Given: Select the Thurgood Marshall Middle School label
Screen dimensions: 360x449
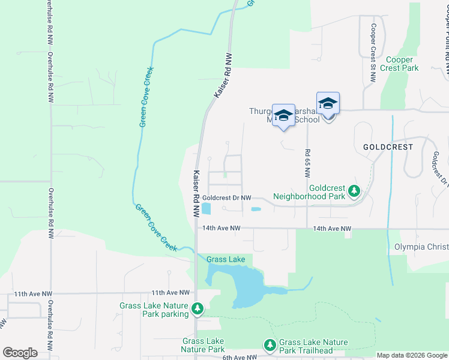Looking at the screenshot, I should click(x=285, y=115).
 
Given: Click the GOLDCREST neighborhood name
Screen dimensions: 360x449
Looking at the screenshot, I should click(x=389, y=146).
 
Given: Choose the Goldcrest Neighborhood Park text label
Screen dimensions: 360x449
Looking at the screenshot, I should click(x=309, y=191).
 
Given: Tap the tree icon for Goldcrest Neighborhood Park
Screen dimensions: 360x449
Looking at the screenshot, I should click(x=355, y=191).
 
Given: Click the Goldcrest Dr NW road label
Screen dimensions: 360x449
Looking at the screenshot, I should click(x=226, y=197).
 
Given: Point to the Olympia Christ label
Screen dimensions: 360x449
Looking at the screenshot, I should click(x=421, y=247).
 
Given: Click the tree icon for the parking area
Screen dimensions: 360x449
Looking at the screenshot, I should click(x=197, y=310).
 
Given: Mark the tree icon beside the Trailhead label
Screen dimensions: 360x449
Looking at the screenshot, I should click(x=270, y=346).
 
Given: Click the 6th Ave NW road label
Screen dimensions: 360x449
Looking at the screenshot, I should click(x=240, y=357).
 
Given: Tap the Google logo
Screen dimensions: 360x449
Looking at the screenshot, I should click(x=20, y=353).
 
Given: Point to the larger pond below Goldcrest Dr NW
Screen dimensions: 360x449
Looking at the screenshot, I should click(x=206, y=209).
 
